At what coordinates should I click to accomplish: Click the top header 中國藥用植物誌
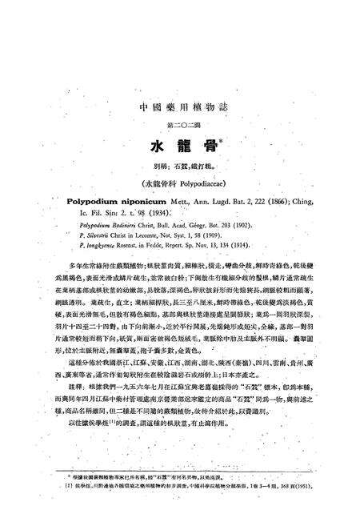point(179,106)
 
